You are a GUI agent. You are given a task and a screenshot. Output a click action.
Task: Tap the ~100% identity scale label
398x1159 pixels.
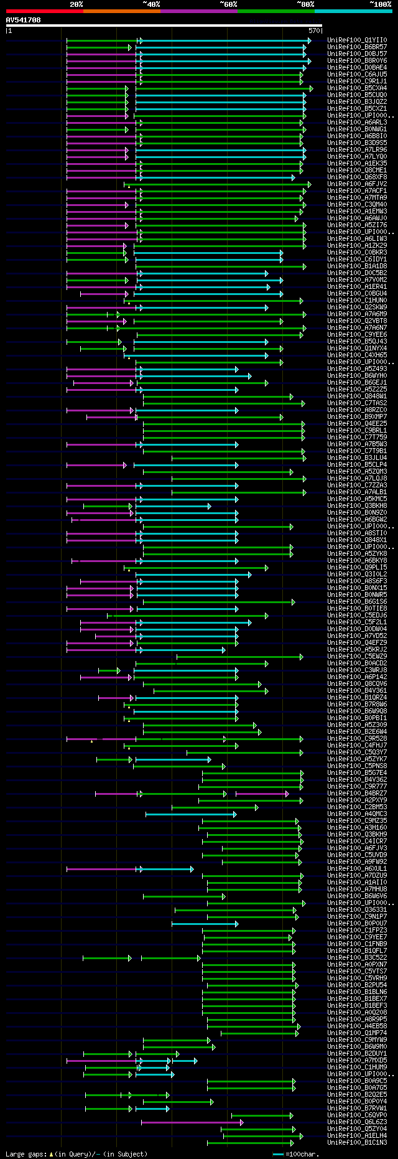tap(380, 4)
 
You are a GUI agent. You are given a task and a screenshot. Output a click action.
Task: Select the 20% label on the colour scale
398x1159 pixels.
tap(76, 4)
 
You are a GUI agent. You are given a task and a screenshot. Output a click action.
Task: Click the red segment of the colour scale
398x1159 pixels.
tap(44, 11)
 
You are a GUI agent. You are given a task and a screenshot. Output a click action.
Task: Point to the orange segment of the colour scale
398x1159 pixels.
tap(121, 11)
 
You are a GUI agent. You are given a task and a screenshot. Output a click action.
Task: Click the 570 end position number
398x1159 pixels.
tap(314, 30)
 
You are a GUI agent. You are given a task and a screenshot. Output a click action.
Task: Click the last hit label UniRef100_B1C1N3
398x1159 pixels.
tap(357, 1142)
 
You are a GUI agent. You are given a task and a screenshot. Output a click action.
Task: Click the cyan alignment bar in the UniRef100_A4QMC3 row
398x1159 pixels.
tap(190, 814)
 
